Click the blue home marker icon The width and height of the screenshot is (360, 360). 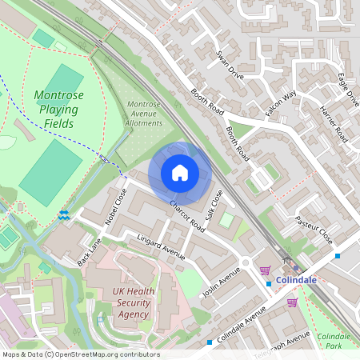click(x=180, y=173)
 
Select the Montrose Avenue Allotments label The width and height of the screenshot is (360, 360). click(x=144, y=114)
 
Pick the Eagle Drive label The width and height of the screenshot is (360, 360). click(x=348, y=88)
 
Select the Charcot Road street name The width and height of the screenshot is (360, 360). click(x=187, y=217)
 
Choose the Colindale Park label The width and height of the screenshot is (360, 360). click(x=334, y=342)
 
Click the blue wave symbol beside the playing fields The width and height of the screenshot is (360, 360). click(x=64, y=215)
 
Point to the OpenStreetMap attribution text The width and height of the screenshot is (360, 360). click(x=81, y=354)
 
